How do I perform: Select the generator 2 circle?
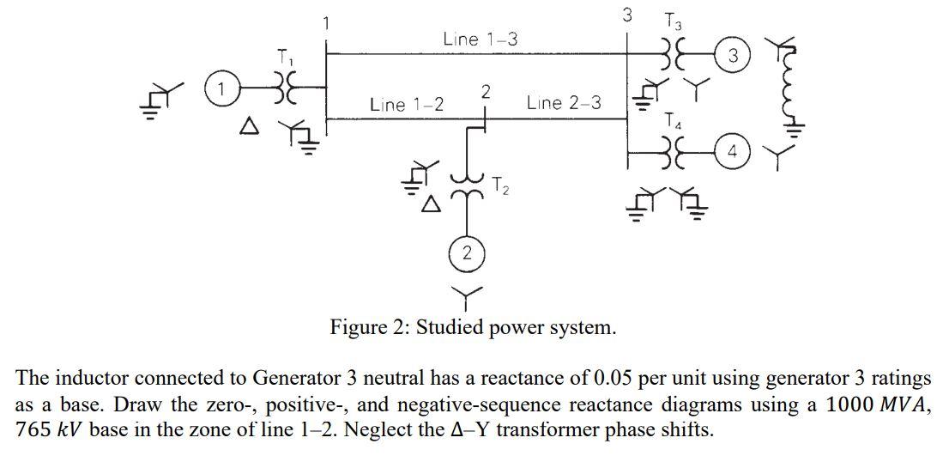[466, 253]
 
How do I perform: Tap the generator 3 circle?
[732, 57]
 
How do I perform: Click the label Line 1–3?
[480, 39]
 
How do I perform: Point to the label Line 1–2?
[407, 104]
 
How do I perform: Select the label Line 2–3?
[564, 103]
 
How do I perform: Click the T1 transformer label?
[284, 58]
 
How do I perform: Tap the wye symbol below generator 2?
[466, 296]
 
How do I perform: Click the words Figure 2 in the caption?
[368, 328]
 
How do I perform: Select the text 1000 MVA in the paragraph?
[873, 404]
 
